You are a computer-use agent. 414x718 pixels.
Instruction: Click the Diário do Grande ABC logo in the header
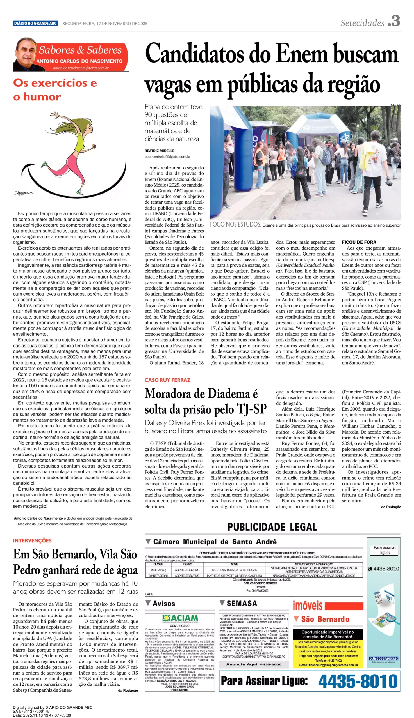[35, 23]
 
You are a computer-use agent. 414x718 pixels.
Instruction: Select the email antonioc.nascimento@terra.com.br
[81, 68]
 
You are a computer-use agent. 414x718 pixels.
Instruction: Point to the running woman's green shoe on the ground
[80, 192]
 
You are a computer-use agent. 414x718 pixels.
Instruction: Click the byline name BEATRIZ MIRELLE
[159, 151]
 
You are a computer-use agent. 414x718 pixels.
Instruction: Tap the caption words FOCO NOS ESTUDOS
[235, 225]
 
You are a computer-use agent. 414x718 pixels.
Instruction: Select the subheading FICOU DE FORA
[359, 242]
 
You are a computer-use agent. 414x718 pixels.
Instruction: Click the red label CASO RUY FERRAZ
[167, 380]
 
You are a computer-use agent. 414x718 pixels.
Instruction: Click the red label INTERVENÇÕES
[32, 540]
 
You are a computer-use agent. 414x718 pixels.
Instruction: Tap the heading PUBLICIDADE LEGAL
[272, 527]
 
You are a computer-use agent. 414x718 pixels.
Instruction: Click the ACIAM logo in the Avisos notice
[180, 618]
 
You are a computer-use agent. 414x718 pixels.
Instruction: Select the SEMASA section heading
[242, 603]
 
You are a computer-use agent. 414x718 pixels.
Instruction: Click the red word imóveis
[307, 606]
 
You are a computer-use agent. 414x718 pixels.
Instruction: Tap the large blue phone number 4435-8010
[358, 681]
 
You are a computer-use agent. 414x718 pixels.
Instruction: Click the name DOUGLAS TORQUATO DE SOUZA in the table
[234, 570]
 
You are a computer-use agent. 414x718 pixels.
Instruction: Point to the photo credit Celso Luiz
[395, 105]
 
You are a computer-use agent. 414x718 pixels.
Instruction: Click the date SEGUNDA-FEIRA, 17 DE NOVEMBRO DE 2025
[105, 24]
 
